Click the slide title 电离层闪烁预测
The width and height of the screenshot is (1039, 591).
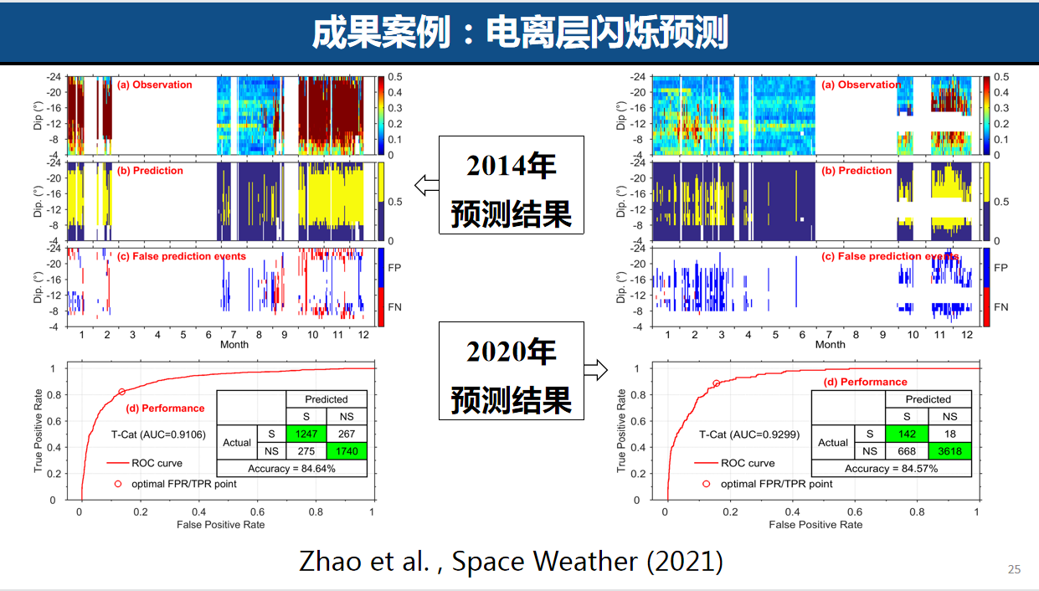pyautogui.click(x=519, y=33)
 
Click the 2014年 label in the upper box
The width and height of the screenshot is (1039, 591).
pyautogui.click(x=512, y=166)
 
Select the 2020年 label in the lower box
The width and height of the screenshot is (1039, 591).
pyautogui.click(x=512, y=352)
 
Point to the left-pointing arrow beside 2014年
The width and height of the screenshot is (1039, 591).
pyautogui.click(x=427, y=186)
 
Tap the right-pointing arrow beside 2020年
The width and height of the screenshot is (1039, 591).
pyautogui.click(x=596, y=369)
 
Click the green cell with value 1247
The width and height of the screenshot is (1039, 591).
pyautogui.click(x=306, y=434)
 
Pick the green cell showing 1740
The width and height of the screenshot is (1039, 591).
pyautogui.click(x=347, y=450)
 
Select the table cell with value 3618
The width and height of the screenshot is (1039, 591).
pyautogui.click(x=949, y=451)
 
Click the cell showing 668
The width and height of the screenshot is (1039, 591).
pyautogui.click(x=908, y=451)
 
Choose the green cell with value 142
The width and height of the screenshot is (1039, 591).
pyautogui.click(x=908, y=434)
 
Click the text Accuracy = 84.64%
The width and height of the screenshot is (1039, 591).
pyautogui.click(x=291, y=468)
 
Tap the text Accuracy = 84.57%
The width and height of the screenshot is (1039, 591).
pyautogui.click(x=891, y=468)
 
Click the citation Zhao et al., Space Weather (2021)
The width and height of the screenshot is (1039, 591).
pyautogui.click(x=511, y=561)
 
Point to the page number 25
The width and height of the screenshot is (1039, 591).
pyautogui.click(x=1014, y=570)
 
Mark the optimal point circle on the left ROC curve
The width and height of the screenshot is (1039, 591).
pyautogui.click(x=121, y=392)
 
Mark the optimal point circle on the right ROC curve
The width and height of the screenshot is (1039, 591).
pyautogui.click(x=716, y=383)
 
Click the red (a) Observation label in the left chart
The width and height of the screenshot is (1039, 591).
pyautogui.click(x=154, y=85)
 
